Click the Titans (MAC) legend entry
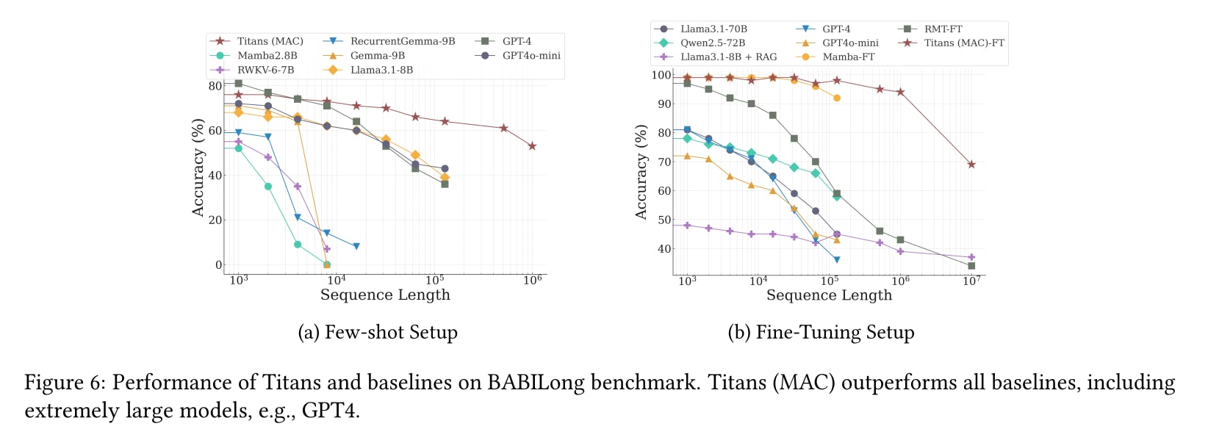click(x=270, y=41)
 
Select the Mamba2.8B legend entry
click(x=267, y=56)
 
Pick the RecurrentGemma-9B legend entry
click(x=402, y=41)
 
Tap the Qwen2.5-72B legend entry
click(x=712, y=43)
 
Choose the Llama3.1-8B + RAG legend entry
click(x=727, y=57)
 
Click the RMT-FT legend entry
click(x=943, y=29)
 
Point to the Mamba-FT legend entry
click(x=848, y=57)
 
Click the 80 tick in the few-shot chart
click(x=215, y=85)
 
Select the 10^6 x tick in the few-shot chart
click(x=533, y=280)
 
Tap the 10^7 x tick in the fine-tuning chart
click(x=971, y=281)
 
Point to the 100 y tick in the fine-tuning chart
click(x=661, y=75)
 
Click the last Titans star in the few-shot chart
click(x=532, y=146)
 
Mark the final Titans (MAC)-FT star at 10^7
click(x=971, y=165)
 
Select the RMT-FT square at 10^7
click(x=971, y=266)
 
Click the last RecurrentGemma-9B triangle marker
click(x=356, y=247)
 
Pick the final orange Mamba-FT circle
click(x=837, y=98)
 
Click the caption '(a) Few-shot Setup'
click(x=378, y=332)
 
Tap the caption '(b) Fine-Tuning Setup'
click(x=821, y=332)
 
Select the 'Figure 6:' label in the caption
click(x=65, y=383)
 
